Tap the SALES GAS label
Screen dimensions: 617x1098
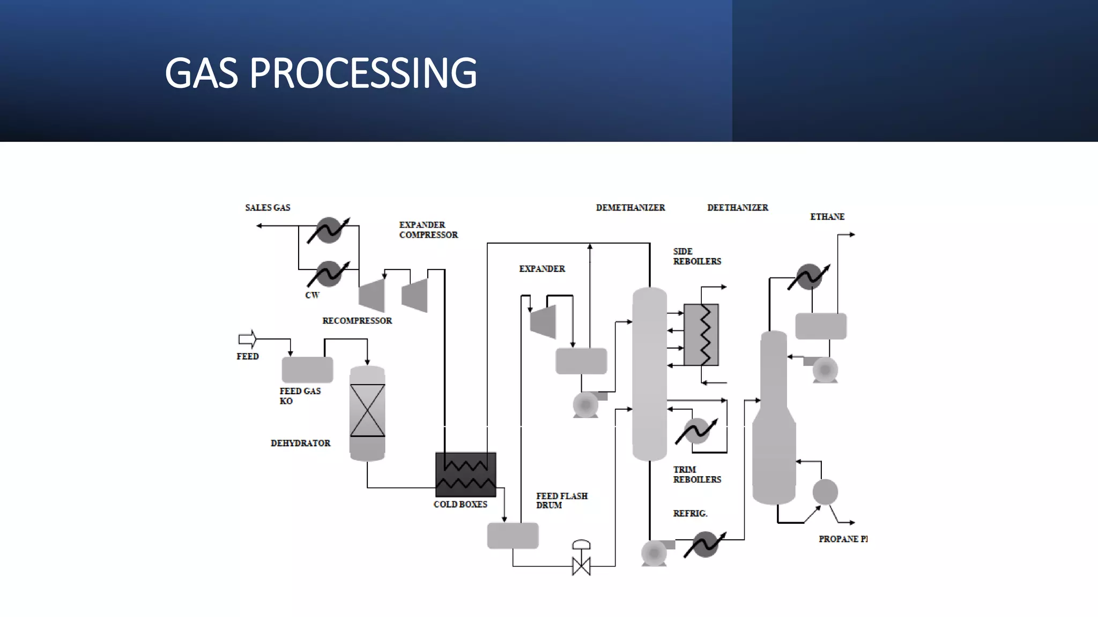pos(268,208)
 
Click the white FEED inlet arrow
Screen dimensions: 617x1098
pos(247,339)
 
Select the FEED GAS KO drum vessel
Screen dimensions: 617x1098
pos(307,370)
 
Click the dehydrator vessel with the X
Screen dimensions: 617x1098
pos(367,412)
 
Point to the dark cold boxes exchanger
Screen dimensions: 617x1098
pos(465,475)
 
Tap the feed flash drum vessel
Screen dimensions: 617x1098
pos(513,536)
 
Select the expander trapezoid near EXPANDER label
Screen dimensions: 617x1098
pos(544,322)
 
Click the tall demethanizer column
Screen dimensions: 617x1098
pos(649,375)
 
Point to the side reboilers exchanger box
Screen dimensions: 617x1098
pos(701,335)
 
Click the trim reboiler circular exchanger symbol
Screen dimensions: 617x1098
pos(697,431)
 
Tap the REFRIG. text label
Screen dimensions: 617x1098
pos(690,514)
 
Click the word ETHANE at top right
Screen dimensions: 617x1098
pos(827,217)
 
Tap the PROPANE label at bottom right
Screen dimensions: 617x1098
pos(842,539)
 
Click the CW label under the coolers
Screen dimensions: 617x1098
pos(312,296)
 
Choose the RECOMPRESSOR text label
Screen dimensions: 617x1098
pos(357,321)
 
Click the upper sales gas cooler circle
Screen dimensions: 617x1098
pos(329,230)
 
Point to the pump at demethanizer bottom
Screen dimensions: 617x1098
pos(654,552)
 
